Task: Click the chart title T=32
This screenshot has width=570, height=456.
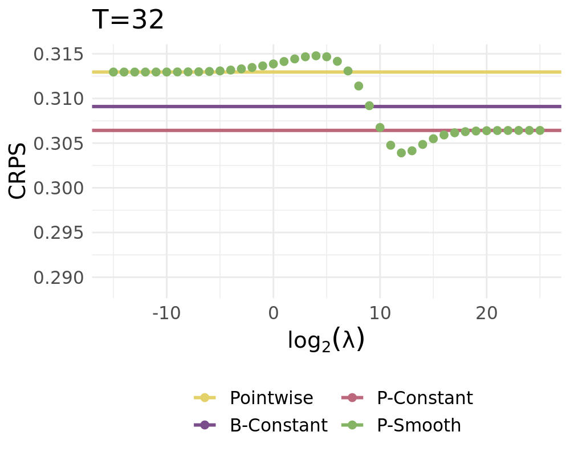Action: point(128,21)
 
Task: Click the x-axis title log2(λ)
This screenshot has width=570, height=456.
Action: point(325,340)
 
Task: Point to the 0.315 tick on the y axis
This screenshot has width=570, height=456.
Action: point(59,55)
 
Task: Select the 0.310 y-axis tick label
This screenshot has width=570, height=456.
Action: point(59,99)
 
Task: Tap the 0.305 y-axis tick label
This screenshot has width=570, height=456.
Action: point(59,144)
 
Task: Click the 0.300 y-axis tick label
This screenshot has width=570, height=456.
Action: point(59,188)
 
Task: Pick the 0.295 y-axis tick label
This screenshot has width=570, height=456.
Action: point(59,233)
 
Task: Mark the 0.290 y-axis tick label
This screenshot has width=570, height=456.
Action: point(59,278)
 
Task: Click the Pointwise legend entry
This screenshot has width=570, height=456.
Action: point(271,398)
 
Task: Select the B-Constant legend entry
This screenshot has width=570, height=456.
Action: point(278,425)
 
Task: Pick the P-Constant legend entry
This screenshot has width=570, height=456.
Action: point(425,398)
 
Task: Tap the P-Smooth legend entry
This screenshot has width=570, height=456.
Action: point(419,425)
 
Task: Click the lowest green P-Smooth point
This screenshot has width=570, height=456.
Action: point(401,153)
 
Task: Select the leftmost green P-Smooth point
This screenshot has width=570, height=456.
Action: point(113,72)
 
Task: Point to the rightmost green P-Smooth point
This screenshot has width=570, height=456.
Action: point(540,131)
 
